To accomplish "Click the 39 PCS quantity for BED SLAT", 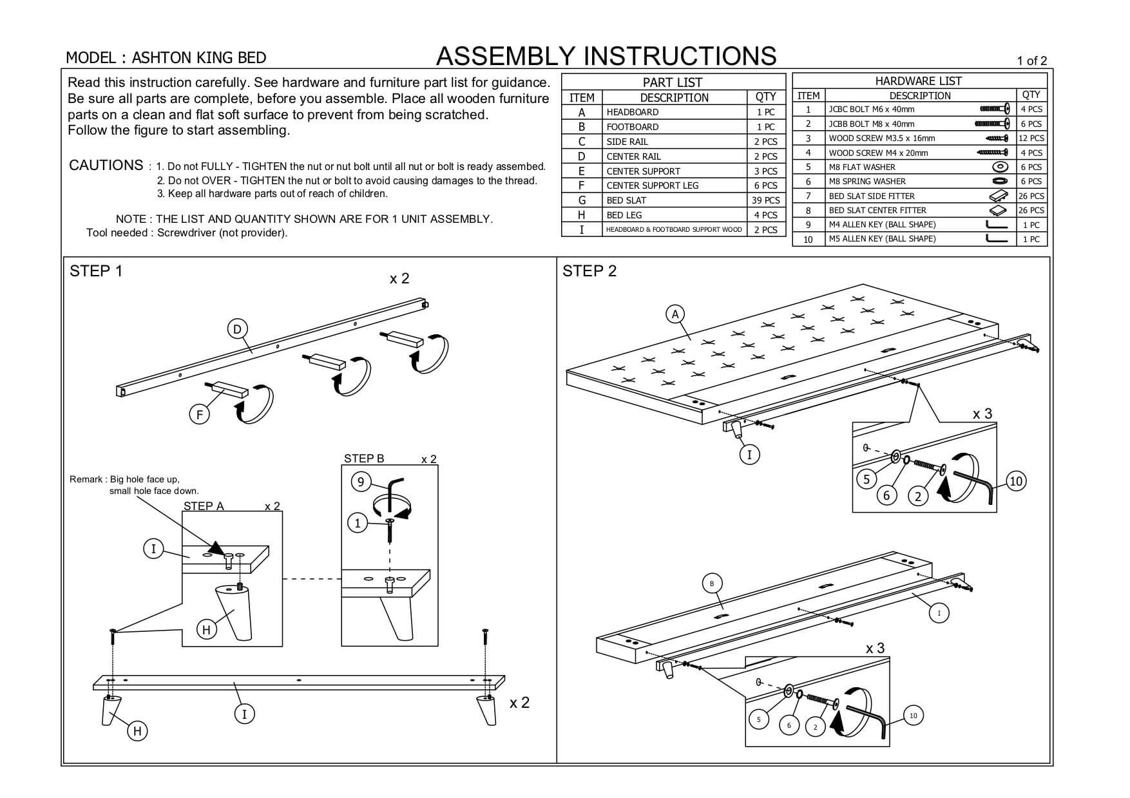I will point(765,200).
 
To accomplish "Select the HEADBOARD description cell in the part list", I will point(632,112).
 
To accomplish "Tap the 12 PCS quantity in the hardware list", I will point(1031,138).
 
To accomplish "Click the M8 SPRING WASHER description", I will point(867,182).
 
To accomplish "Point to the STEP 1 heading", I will point(95,271).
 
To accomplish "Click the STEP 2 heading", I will point(589,271).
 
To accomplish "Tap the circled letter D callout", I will point(237,329).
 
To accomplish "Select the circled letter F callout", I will point(199,415).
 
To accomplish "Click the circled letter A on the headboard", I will point(675,314).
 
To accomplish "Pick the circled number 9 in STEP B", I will point(361,482).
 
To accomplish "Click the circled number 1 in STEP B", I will point(358,523).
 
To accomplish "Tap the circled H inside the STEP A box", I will point(206,629).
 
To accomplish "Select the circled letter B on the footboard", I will point(712,584).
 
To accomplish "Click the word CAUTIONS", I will point(106,166).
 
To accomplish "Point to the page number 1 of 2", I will point(1031,61).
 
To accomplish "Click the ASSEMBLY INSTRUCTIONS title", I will point(606,57).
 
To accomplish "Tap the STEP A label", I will point(204,506).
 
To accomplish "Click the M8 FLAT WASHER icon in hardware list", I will point(1000,167).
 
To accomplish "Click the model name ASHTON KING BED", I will point(198,58).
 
